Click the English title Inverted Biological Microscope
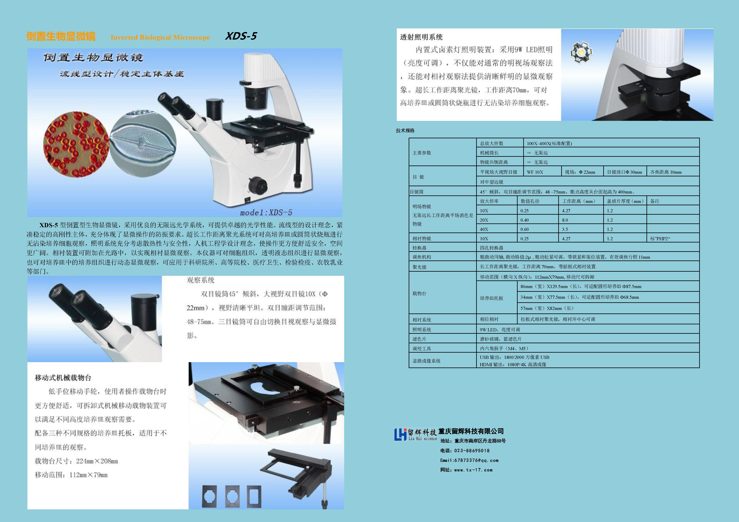click(x=160, y=37)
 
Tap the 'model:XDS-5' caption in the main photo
click(x=266, y=213)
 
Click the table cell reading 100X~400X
click(x=549, y=143)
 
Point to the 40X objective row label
click(x=484, y=229)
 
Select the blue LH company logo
click(x=400, y=434)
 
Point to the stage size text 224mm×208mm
click(x=97, y=461)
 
